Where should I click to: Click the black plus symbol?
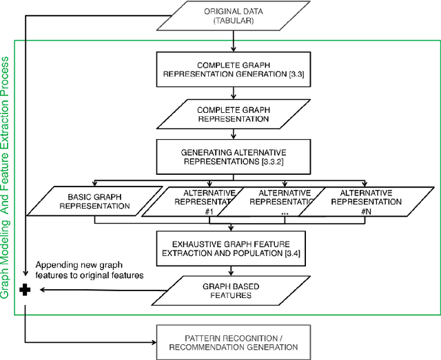(x=25, y=290)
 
